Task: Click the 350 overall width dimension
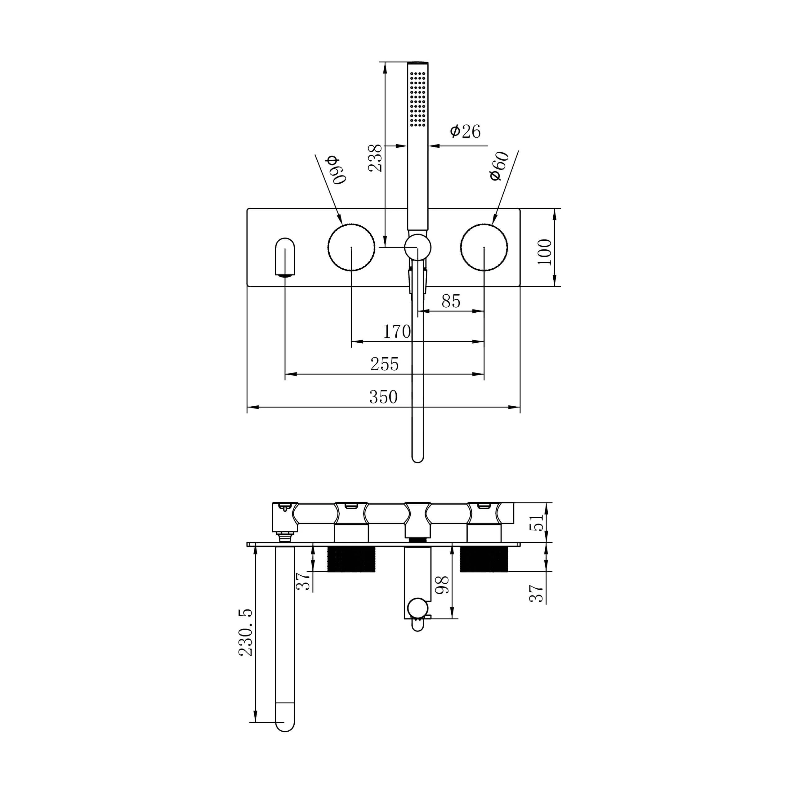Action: [x=383, y=397]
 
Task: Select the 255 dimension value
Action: [x=385, y=364]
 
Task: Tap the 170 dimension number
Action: [x=397, y=331]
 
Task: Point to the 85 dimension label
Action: [x=451, y=301]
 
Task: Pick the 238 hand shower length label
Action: [x=375, y=158]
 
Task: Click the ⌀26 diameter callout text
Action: [x=465, y=132]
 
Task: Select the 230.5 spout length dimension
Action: [x=246, y=632]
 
